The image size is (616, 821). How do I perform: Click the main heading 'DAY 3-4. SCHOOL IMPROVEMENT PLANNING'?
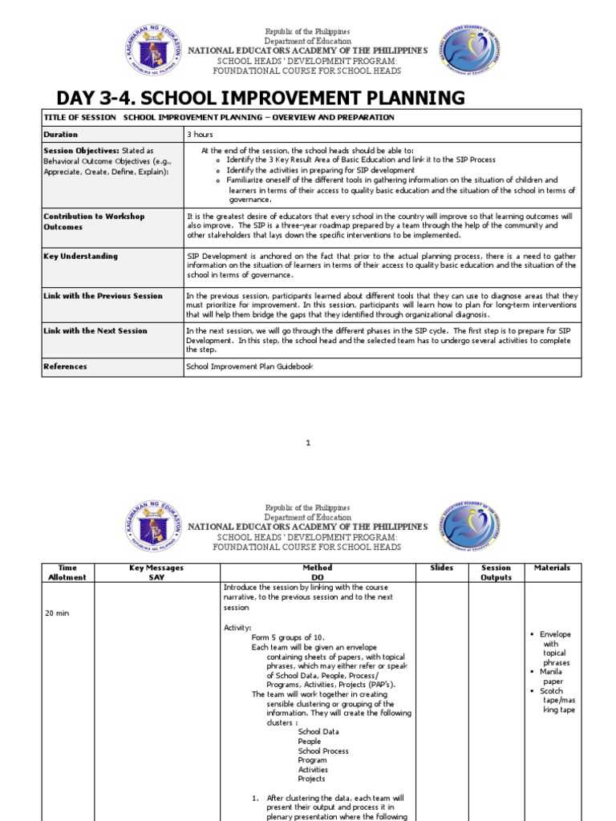point(261,99)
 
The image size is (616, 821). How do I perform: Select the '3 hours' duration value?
point(200,135)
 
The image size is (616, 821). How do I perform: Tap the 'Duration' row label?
point(61,135)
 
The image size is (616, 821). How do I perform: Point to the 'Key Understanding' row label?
point(80,257)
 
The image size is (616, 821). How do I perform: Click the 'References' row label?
point(66,367)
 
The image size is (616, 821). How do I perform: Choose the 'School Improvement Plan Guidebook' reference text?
point(249,367)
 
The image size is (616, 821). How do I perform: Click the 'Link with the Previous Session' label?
point(103,296)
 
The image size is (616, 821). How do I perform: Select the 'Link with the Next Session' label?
point(95,331)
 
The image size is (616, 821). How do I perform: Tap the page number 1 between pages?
point(308,443)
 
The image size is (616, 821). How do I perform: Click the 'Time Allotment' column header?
point(67,572)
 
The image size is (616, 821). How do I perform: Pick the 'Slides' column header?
point(442,568)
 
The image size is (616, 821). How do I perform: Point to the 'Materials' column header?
point(553,568)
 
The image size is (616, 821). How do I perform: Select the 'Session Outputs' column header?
point(496,572)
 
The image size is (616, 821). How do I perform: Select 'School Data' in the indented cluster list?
point(318,732)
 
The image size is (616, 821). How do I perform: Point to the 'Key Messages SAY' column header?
point(156,572)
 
